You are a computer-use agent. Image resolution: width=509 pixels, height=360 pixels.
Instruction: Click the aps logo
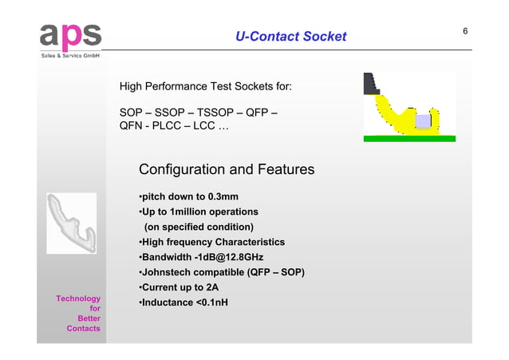pos(70,35)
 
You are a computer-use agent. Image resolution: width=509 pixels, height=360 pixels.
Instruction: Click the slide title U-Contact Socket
pos(290,36)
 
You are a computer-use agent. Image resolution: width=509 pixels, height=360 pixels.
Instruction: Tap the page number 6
pos(465,31)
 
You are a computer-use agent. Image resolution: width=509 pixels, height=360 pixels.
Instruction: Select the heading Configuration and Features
pos(226,170)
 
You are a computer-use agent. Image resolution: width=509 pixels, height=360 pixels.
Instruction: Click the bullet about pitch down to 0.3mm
pos(188,197)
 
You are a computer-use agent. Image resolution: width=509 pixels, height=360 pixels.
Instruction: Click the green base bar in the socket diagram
pos(408,139)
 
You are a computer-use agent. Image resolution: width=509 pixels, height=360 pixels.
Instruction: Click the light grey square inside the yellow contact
pos(423,121)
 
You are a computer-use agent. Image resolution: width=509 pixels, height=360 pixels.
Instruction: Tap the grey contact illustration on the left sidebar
pos(71,224)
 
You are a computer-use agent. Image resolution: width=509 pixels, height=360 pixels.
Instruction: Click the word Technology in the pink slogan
pos(78,299)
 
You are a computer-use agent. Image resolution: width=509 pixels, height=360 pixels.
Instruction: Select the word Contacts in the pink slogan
pos(84,328)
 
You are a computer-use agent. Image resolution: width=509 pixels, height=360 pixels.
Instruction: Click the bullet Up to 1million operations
pos(198,212)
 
